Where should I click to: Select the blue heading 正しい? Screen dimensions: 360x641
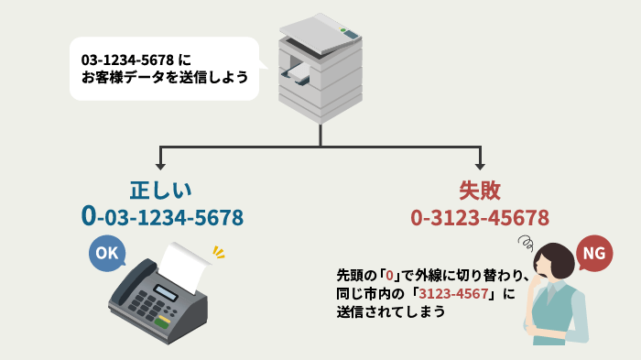160,191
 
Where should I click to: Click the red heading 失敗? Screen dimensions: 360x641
480,191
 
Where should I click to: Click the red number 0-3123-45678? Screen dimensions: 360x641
480,217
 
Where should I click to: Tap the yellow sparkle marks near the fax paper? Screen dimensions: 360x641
218,250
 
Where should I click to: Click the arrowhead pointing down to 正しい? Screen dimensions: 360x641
160,165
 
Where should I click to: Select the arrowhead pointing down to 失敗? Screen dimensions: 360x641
480,165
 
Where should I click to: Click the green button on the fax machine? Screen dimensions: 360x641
162,322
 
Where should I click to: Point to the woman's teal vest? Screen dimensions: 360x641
560,316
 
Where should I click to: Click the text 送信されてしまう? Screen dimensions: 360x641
391,311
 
